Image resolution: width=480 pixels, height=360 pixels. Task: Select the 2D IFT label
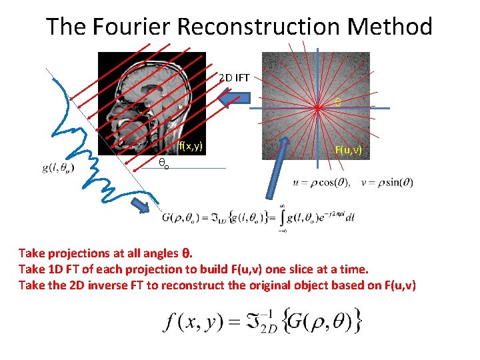pyautogui.click(x=234, y=78)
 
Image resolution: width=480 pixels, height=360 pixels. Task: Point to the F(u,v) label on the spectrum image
pyautogui.click(x=348, y=150)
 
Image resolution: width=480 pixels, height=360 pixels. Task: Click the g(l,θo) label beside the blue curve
pyautogui.click(x=58, y=168)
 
